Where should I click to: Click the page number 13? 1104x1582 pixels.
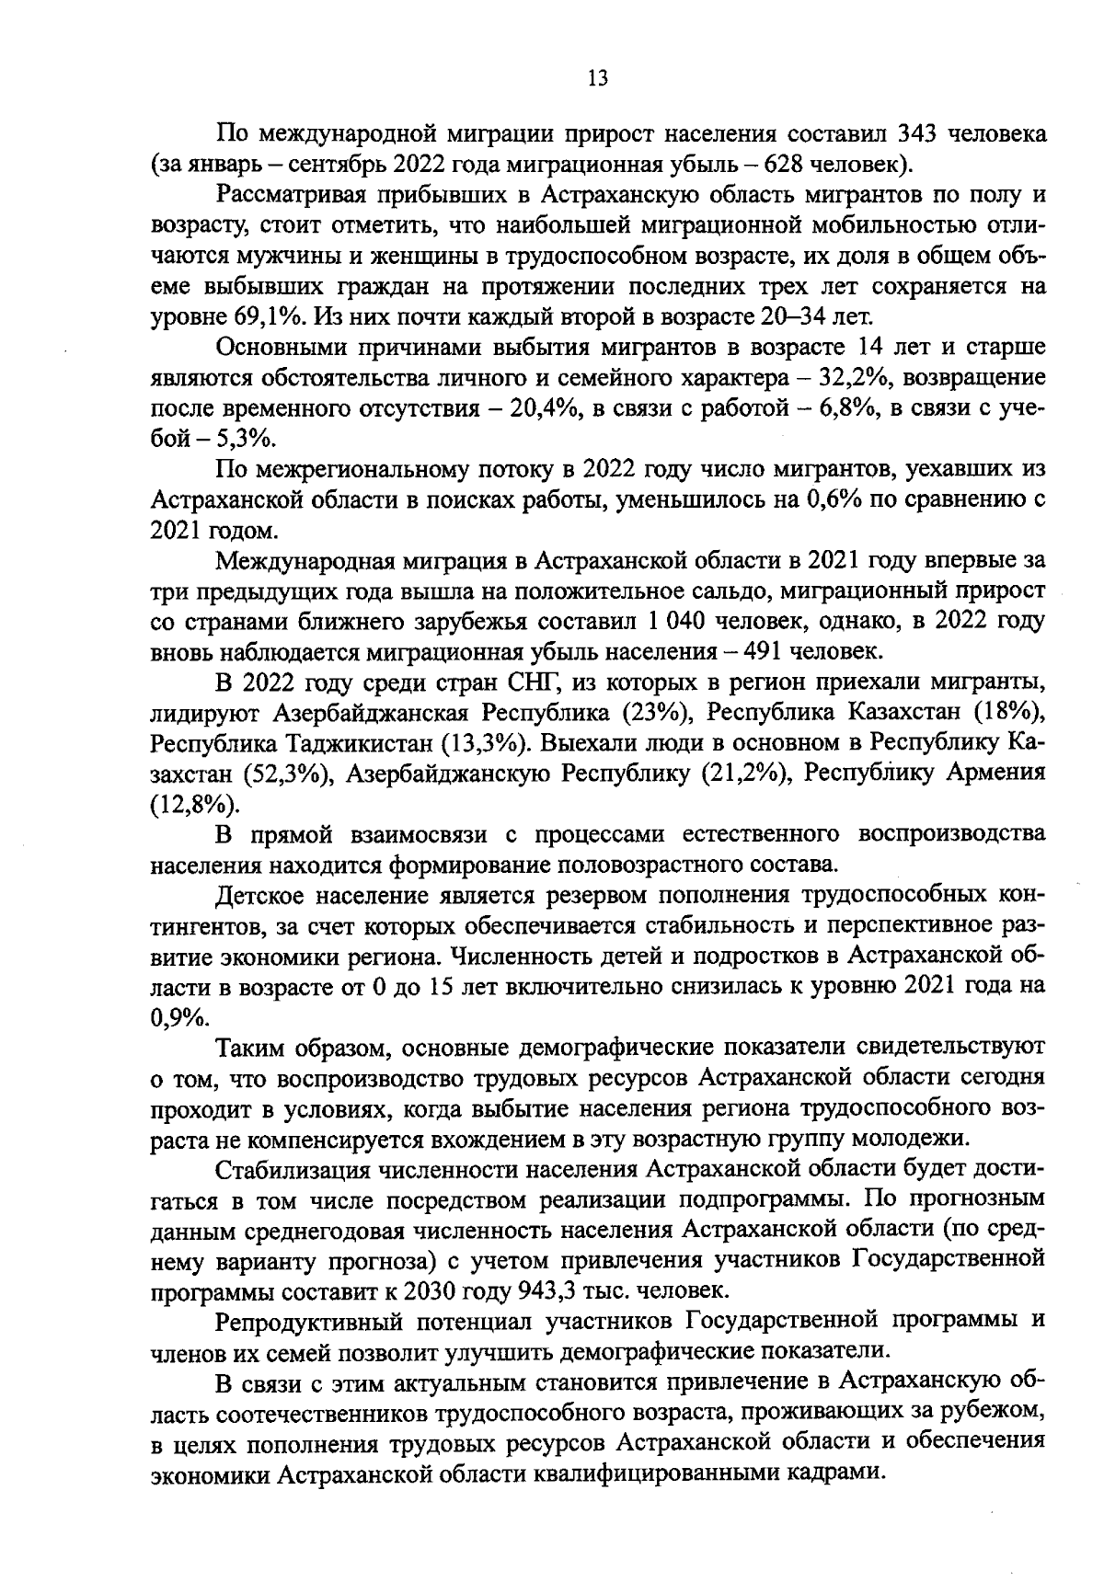tap(597, 78)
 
